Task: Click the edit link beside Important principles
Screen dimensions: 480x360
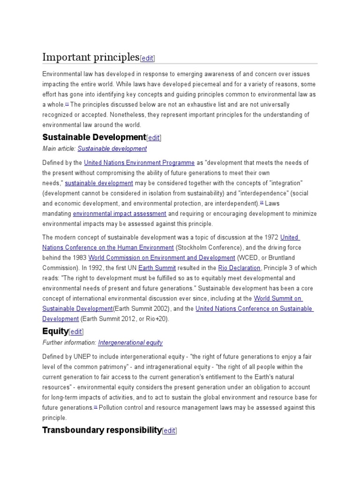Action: (x=148, y=59)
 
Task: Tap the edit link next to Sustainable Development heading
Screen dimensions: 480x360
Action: (x=154, y=138)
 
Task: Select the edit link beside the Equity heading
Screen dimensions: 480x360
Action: (x=76, y=332)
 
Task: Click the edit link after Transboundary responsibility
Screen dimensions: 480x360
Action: (x=169, y=431)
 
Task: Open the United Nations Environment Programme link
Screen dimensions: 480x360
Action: (x=139, y=163)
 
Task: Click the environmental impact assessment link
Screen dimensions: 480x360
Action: (x=120, y=214)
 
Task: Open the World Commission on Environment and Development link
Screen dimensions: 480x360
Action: (x=162, y=258)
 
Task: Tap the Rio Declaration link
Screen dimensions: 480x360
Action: (x=239, y=268)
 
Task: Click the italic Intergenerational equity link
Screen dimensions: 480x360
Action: (x=130, y=343)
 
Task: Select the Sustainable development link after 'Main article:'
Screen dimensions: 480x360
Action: (x=112, y=149)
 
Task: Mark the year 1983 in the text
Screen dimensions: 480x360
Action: (x=79, y=258)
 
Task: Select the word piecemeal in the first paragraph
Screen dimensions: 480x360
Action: (x=197, y=84)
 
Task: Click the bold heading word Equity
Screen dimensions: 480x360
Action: (x=55, y=331)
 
